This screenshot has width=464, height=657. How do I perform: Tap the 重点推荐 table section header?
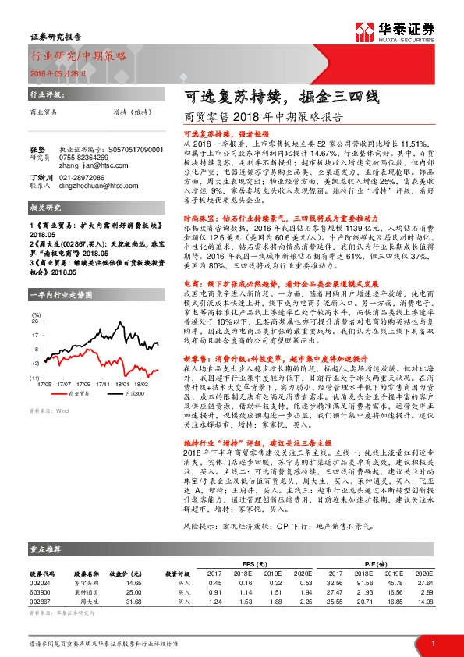(44, 548)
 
